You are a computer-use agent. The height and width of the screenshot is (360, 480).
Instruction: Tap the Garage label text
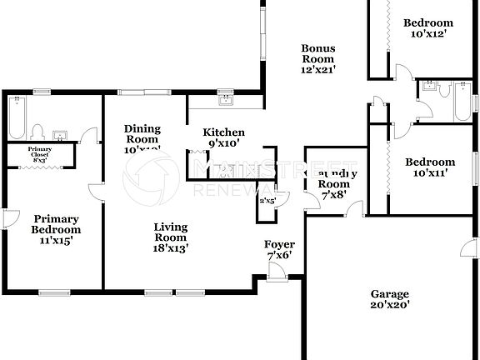390,294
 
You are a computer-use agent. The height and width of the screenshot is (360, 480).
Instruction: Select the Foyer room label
279,244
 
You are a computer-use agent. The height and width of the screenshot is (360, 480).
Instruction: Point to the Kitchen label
224,132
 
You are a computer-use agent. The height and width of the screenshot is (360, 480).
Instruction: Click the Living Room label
170,232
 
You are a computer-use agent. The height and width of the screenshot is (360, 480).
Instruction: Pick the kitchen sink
225,100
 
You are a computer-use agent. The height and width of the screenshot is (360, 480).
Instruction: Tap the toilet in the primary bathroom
37,132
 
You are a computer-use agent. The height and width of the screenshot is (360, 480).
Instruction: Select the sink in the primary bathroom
59,135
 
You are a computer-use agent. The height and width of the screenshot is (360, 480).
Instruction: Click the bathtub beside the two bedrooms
461,101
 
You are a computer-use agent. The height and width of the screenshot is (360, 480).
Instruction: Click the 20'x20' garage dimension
390,306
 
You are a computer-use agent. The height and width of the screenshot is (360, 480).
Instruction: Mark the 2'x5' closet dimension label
268,200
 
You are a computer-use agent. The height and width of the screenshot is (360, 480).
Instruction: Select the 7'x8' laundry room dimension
334,195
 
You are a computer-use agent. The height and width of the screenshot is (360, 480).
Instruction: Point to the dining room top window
143,92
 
